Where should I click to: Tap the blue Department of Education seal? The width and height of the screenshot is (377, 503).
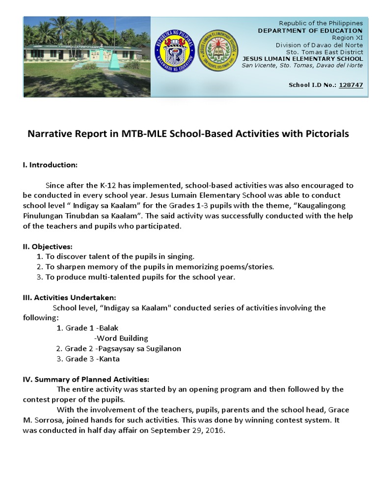pos(175,51)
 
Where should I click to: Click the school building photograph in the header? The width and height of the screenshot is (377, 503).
pos(87,56)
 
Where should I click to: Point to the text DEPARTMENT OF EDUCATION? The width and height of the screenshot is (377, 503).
pos(310,30)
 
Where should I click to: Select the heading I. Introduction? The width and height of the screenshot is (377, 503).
pos(50,165)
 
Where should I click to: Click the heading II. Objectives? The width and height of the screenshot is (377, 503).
pos(48,246)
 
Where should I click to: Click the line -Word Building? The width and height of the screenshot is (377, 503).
pos(121,338)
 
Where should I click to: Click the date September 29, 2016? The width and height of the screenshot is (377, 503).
pos(187,430)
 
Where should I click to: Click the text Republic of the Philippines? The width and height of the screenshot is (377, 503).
pos(321,23)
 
